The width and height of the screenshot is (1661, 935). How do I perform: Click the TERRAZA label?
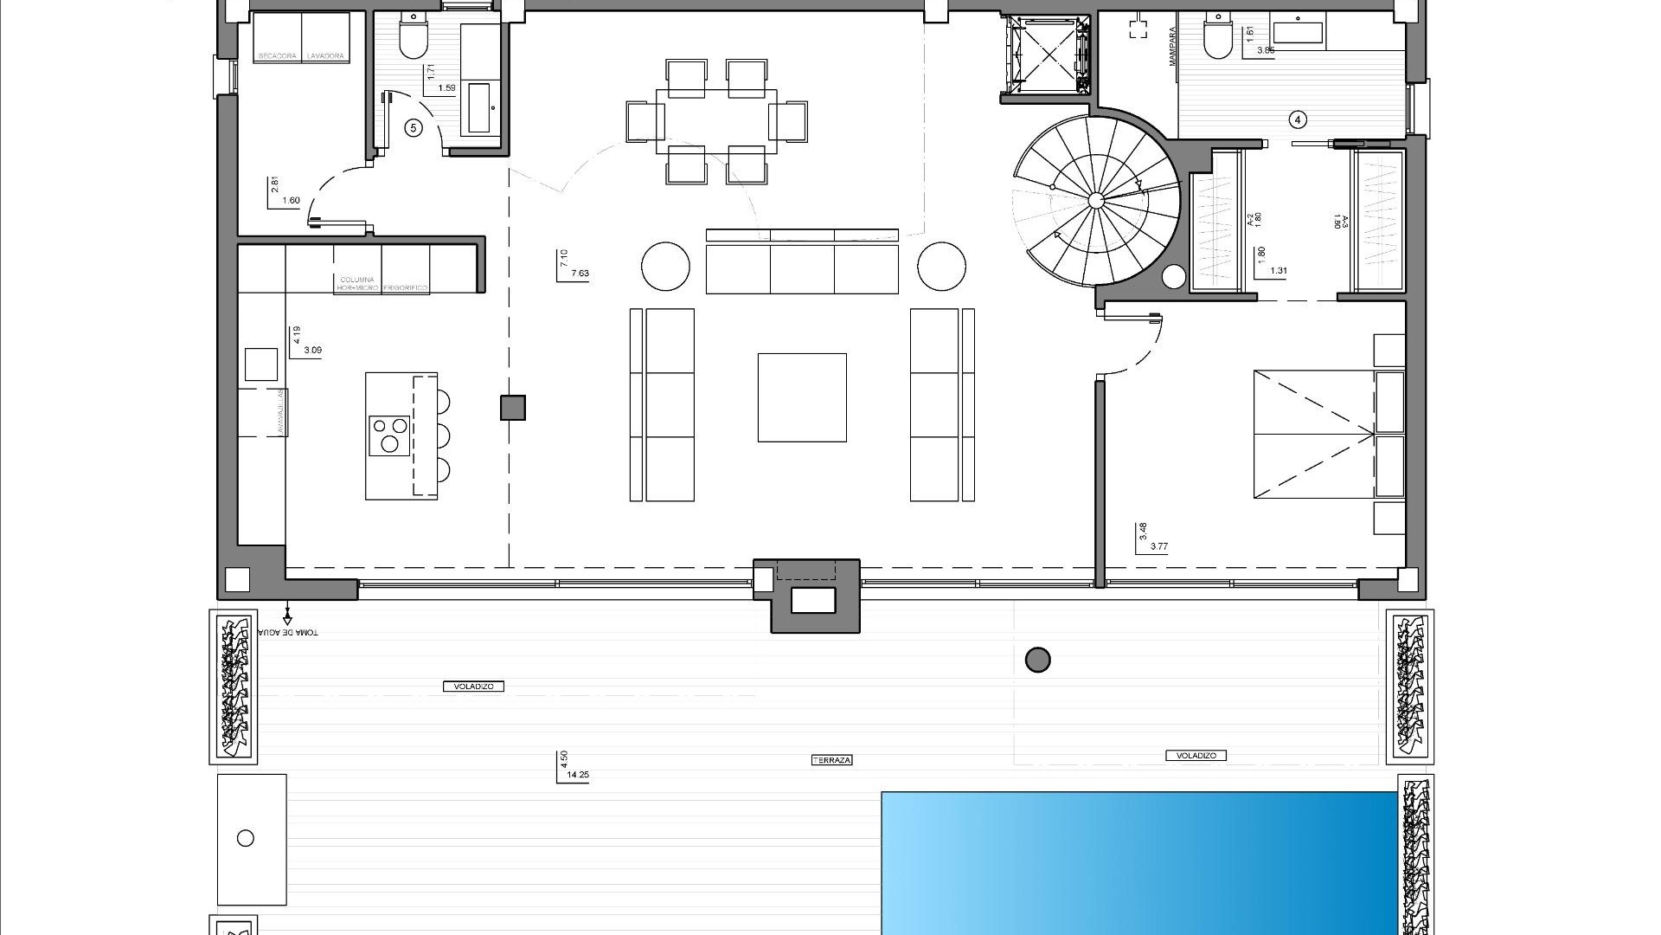tap(831, 760)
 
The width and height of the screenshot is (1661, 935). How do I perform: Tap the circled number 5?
tap(414, 128)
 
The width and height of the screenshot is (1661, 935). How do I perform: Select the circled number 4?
tap(1297, 119)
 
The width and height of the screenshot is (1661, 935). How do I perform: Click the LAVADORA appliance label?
tap(325, 56)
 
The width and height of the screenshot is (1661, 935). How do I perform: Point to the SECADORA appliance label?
tap(277, 56)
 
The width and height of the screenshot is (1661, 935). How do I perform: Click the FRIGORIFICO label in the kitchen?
tap(406, 288)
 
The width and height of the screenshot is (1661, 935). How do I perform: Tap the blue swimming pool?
tap(1138, 862)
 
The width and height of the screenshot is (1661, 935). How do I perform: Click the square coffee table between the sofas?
tap(802, 397)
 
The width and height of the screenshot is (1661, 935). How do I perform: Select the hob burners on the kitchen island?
tap(389, 435)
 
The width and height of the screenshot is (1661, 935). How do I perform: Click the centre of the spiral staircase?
tap(1096, 201)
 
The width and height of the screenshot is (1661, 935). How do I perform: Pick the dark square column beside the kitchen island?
tap(513, 408)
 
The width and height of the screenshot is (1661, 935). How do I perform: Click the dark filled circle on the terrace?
tap(1037, 661)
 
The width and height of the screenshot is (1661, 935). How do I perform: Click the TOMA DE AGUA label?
tap(289, 632)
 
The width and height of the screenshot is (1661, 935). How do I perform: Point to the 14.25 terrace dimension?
tap(577, 776)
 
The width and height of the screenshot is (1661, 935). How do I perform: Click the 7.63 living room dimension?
tap(580, 274)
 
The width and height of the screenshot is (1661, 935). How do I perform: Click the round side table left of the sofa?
tap(665, 266)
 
